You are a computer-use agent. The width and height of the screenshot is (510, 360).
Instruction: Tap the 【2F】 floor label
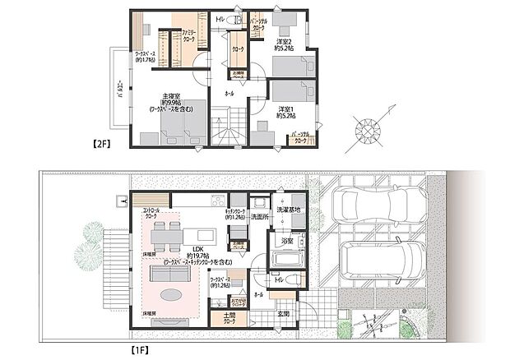(100, 143)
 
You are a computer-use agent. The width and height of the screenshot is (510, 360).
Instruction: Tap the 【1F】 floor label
(141, 348)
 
